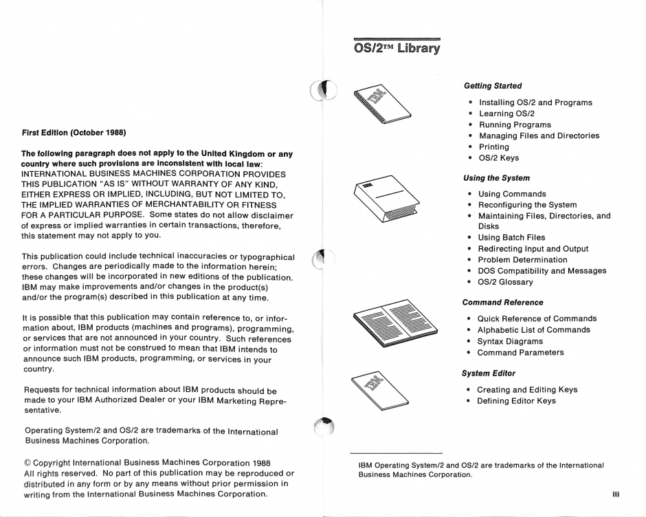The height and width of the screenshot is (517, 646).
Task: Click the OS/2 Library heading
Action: (x=396, y=49)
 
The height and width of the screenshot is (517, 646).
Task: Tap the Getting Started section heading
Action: (x=493, y=86)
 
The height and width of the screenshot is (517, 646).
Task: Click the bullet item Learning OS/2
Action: (x=506, y=113)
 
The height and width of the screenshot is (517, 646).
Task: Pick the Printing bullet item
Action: (x=494, y=146)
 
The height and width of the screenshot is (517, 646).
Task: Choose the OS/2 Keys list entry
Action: (x=499, y=158)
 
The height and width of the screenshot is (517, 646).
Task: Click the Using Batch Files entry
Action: (x=513, y=238)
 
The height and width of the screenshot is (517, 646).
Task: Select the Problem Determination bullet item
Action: (x=522, y=260)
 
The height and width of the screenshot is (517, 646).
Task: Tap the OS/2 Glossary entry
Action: (x=505, y=282)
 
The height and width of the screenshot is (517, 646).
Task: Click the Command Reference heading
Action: (x=502, y=302)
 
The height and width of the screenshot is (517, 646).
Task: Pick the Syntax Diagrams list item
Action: (x=510, y=341)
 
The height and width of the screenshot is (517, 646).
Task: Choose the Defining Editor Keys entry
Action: (x=517, y=401)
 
